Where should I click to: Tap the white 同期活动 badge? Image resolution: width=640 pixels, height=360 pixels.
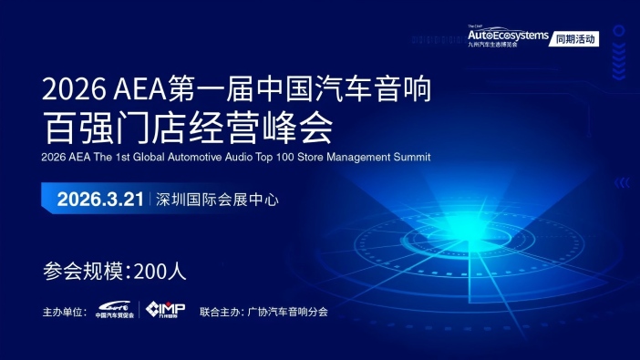(x=574, y=39)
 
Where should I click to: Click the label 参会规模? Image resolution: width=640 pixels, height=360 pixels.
(x=86, y=271)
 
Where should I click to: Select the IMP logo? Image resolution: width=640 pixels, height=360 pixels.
(x=166, y=310)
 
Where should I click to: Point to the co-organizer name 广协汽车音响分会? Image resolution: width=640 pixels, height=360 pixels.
(x=287, y=312)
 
